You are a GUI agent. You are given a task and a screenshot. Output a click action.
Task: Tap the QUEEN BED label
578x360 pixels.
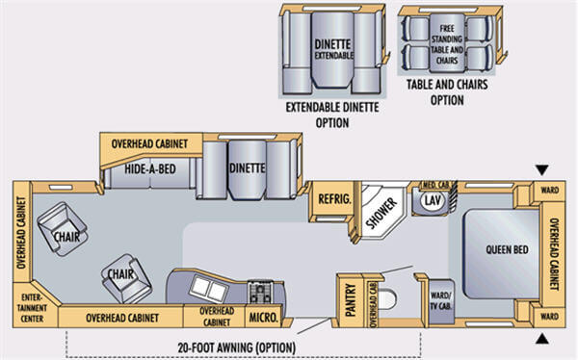pos(506,250)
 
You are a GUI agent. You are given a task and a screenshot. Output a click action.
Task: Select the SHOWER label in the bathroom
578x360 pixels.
pos(381,212)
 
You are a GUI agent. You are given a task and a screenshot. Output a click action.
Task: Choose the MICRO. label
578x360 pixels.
pos(263,316)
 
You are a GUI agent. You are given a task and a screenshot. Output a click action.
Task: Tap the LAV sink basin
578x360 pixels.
pos(432,201)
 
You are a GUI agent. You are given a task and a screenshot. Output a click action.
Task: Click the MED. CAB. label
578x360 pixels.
pos(430,184)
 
